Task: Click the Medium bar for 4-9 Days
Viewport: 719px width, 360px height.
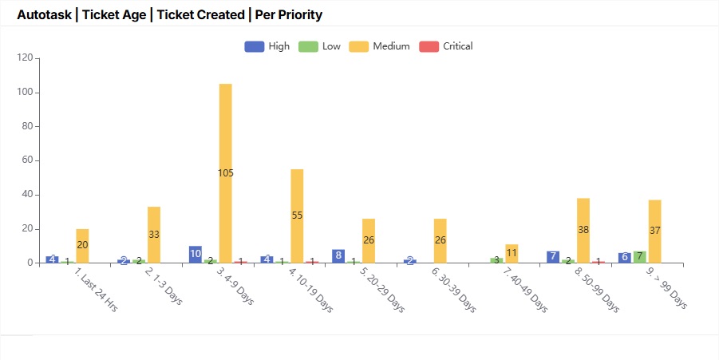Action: tap(226, 173)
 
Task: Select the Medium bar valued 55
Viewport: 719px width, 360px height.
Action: tap(297, 216)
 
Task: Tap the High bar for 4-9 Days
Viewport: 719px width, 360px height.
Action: tap(196, 254)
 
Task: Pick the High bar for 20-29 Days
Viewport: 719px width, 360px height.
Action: tap(338, 255)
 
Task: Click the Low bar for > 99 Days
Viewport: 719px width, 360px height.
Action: tap(640, 256)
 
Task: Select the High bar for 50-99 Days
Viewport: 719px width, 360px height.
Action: tap(553, 256)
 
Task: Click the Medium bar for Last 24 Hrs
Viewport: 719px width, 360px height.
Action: tap(82, 245)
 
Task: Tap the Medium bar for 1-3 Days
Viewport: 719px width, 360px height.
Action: tap(154, 235)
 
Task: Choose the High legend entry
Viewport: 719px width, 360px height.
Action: tap(267, 46)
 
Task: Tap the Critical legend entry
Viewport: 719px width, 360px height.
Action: tap(446, 46)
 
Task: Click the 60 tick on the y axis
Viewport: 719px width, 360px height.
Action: tap(26, 160)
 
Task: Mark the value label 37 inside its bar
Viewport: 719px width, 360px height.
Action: tap(654, 231)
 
